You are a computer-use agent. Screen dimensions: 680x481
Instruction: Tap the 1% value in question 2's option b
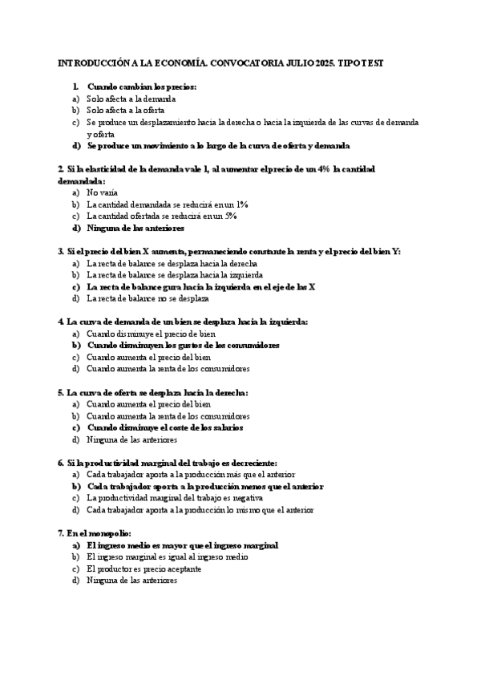(x=241, y=204)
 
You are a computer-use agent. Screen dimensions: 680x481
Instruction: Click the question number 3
(x=61, y=252)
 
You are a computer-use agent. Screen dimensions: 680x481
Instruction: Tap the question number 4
(x=61, y=322)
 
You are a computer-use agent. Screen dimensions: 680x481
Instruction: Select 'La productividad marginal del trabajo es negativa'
(x=172, y=499)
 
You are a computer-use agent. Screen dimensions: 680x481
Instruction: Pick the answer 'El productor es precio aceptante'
(x=143, y=569)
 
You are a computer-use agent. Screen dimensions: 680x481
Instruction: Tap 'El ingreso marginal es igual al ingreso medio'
(x=168, y=557)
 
